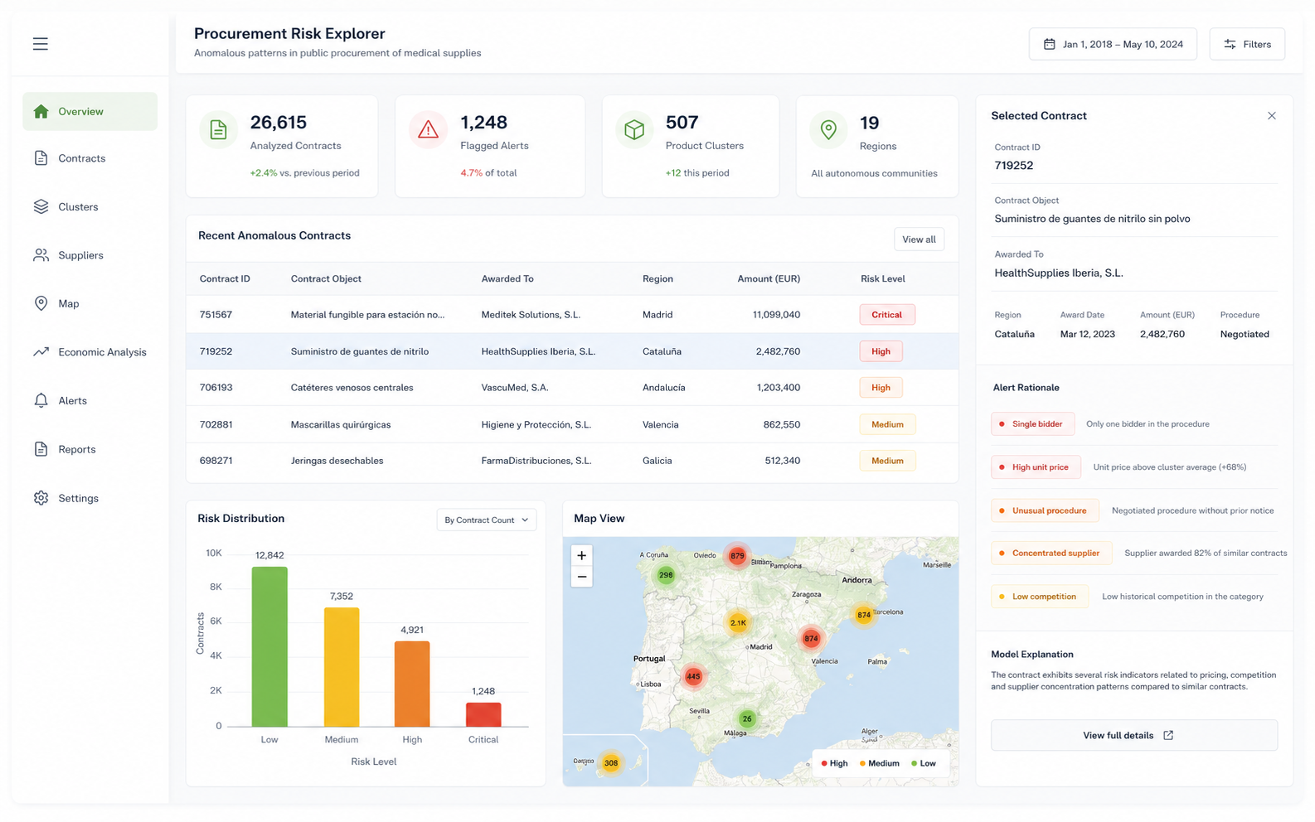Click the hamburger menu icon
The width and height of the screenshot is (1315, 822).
[x=40, y=44]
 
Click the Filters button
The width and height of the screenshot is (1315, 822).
[x=1247, y=44]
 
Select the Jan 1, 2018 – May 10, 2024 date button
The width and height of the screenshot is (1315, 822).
[x=1113, y=44]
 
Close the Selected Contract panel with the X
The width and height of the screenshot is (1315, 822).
[x=1272, y=115]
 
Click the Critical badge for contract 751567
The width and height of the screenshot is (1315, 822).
[x=886, y=315]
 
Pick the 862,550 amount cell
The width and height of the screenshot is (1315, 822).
[x=781, y=424]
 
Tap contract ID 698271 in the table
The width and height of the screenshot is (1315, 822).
[x=216, y=461]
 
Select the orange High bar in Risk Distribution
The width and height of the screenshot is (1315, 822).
[x=412, y=684]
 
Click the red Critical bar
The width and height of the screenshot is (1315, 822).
[x=483, y=714]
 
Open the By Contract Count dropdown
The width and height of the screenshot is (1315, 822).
[x=486, y=520]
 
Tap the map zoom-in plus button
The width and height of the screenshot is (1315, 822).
[x=581, y=555]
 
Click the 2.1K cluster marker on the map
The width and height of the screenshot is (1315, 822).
[x=737, y=622]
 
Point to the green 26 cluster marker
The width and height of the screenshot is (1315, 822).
[x=747, y=718]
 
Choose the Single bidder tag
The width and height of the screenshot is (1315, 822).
[x=1032, y=423]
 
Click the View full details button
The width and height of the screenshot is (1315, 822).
[x=1133, y=735]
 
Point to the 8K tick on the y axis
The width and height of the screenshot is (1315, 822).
[x=216, y=587]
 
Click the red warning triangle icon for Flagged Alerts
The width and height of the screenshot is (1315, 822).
[x=428, y=129]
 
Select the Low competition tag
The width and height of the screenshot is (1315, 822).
[x=1040, y=596]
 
